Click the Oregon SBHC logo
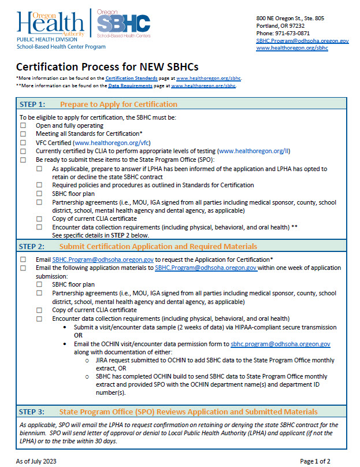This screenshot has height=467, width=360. coord(123,24)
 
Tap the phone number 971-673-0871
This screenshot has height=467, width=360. coord(292,33)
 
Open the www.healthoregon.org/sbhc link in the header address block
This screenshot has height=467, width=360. coord(292,49)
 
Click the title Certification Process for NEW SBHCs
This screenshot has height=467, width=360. coord(92,66)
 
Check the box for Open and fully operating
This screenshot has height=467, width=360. coord(23,125)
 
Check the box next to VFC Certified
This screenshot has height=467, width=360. coord(23,142)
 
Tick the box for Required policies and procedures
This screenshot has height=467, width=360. coord(39,185)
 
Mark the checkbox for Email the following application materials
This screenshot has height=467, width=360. coord(23,268)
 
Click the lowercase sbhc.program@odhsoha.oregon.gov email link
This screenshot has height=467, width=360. coord(280,344)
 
